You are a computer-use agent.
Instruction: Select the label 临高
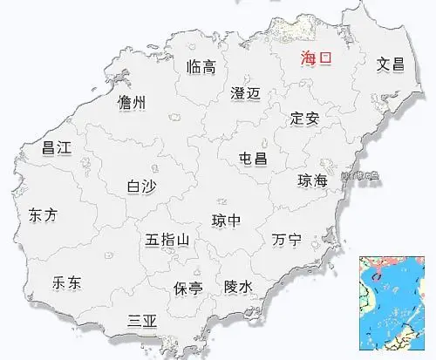201,68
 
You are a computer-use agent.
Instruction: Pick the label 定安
305,118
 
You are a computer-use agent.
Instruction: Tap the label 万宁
286,239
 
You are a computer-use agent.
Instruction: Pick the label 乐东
66,282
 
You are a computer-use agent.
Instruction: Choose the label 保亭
188,286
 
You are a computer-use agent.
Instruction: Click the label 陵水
238,286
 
